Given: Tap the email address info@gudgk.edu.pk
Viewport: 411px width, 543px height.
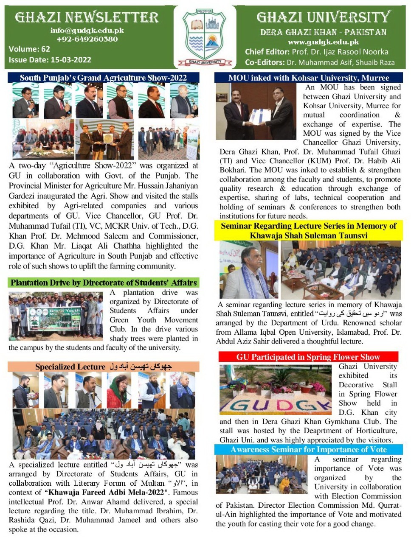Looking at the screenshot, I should click(x=87, y=30).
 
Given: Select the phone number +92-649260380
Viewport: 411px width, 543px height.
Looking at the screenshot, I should click(x=87, y=39).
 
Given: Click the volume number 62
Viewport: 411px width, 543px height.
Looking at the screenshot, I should click(x=45, y=49).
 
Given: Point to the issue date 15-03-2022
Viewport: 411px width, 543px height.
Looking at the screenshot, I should click(x=70, y=60).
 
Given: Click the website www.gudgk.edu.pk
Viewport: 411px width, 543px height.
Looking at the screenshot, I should click(x=323, y=42).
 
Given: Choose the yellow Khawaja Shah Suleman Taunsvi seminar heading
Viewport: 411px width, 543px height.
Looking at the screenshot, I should click(x=309, y=231).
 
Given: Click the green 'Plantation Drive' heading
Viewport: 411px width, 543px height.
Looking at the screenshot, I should click(x=104, y=283).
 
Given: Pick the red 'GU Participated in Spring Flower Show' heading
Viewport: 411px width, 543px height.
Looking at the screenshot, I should click(x=308, y=357).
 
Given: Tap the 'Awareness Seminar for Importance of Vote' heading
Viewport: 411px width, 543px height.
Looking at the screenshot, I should click(x=309, y=450).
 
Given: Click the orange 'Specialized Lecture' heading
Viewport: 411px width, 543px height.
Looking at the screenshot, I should click(x=104, y=367).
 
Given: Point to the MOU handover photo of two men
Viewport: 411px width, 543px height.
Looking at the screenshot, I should click(x=256, y=111).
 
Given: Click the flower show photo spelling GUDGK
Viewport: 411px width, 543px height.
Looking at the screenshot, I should click(x=276, y=389).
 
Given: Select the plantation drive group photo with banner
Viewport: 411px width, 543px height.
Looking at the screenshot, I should click(x=56, y=316).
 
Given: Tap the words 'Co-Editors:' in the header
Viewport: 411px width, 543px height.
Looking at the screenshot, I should click(x=265, y=62).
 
